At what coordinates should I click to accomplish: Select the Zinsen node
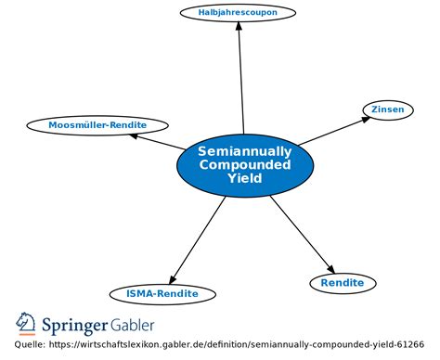(387, 109)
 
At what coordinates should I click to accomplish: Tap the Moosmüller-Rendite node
(85, 124)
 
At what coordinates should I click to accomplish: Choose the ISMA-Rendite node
(162, 294)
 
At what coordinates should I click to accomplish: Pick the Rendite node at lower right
(343, 283)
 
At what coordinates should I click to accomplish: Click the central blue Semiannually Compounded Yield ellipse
(243, 165)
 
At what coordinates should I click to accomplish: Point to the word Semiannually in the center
(244, 151)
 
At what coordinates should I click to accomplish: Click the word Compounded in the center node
(244, 164)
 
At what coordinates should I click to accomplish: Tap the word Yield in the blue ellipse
(244, 177)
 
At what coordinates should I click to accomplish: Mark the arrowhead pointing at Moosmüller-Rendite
(136, 135)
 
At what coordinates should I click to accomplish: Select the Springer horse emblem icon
(25, 323)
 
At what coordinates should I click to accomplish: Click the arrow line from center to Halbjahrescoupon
(241, 84)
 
